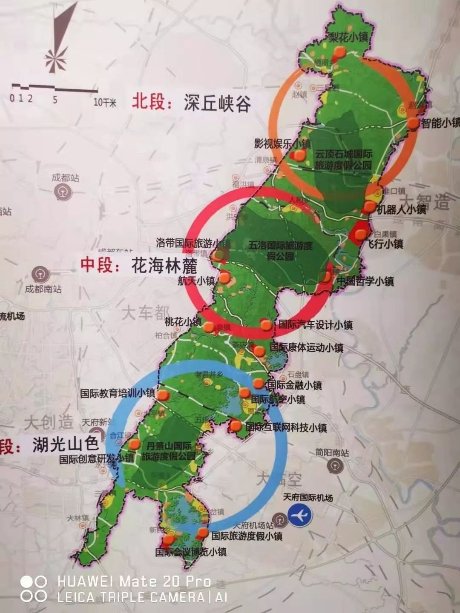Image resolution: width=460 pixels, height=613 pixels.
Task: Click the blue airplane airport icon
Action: (x=300, y=515)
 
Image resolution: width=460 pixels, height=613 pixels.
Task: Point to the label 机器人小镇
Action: (x=401, y=209)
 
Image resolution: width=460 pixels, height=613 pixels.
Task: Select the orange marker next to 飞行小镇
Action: (x=361, y=233)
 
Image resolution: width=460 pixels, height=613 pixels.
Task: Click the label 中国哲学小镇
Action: (x=365, y=281)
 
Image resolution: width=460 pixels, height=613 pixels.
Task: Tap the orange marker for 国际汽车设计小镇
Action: (x=266, y=325)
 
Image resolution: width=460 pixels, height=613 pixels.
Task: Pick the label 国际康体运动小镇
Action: (x=307, y=347)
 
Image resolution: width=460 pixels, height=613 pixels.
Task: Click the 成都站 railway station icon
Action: (x=61, y=192)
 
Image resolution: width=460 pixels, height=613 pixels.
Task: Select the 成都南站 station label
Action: (x=43, y=289)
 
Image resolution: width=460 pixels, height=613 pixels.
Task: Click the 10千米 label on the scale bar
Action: (x=105, y=102)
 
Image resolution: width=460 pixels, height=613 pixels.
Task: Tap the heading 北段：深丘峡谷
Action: (x=191, y=103)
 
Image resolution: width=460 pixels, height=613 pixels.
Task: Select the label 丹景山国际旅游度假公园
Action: (x=169, y=451)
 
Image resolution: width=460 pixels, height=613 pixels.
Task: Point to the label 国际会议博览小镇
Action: (x=190, y=552)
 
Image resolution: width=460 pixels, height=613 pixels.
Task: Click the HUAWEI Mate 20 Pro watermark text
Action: (x=134, y=581)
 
